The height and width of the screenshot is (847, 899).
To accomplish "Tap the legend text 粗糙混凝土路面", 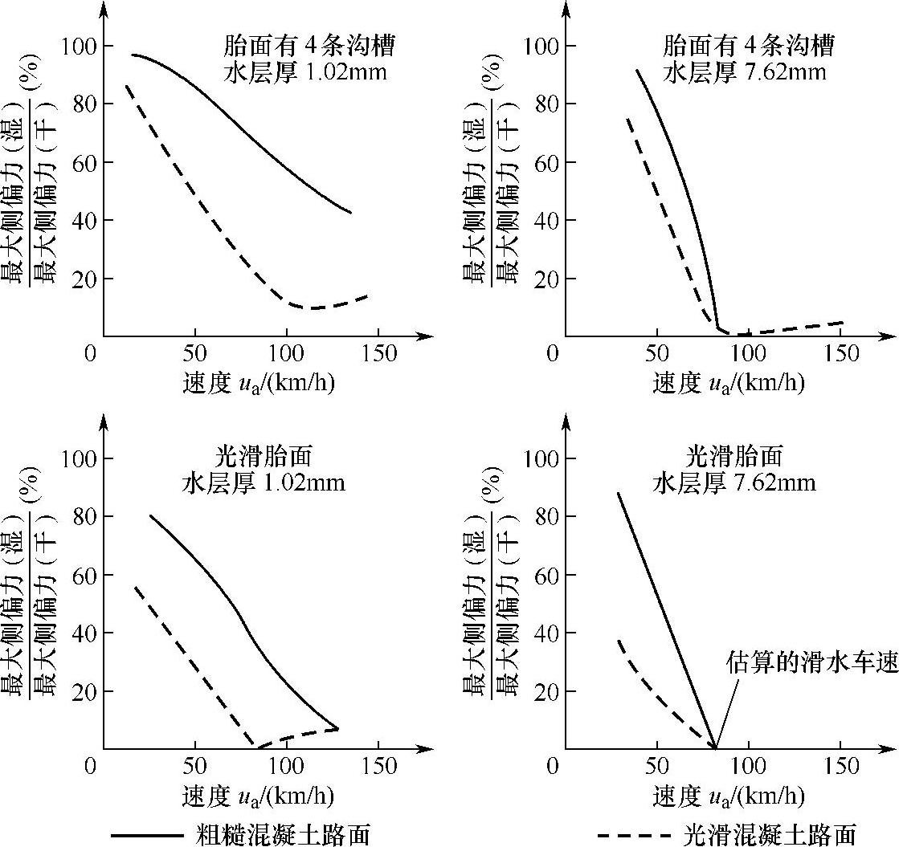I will point(283,834).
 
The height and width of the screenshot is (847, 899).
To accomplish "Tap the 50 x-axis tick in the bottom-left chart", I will point(195,767).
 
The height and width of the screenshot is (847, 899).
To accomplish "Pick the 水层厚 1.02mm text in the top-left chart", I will point(305,73).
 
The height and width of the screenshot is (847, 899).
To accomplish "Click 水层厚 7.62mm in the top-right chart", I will point(745,73).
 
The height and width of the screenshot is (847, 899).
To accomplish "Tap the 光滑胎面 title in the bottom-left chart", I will point(263,458).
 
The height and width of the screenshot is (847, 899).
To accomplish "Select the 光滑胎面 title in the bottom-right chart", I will point(734,458).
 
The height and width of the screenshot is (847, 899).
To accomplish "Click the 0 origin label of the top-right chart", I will point(553,354).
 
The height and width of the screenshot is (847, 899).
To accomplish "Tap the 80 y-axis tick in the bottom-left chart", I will point(82,516).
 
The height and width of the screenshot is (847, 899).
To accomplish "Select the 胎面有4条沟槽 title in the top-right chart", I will point(749,46).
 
